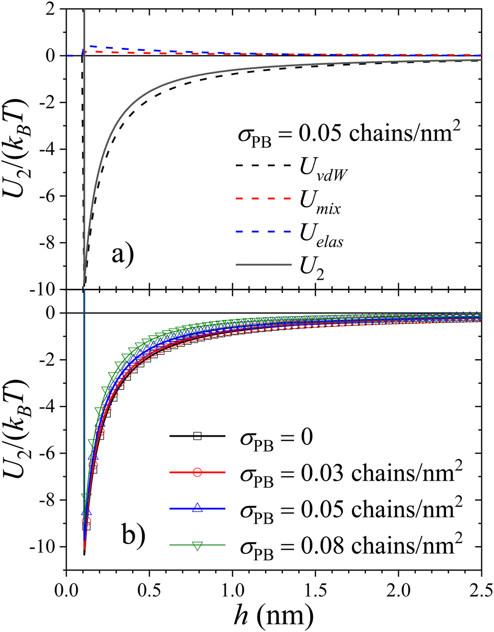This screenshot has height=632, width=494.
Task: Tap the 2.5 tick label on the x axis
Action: coord(481,589)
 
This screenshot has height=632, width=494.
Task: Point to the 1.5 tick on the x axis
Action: coord(315,589)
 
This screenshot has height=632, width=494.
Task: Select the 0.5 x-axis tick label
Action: coord(149,589)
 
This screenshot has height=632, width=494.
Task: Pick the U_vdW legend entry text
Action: coord(319,173)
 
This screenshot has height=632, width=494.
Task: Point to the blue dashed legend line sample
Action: coord(263,232)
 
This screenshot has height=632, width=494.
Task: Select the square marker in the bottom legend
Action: coord(198,437)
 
